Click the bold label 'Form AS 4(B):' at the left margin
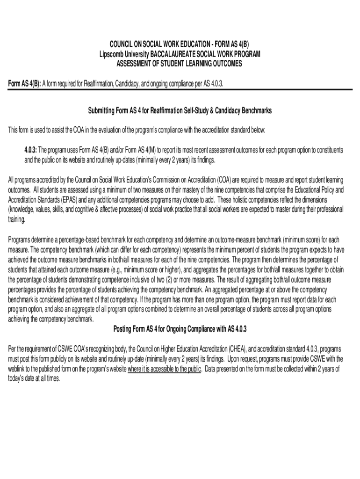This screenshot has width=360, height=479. pyautogui.click(x=25, y=84)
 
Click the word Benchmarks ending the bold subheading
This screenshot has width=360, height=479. pyautogui.click(x=254, y=110)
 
